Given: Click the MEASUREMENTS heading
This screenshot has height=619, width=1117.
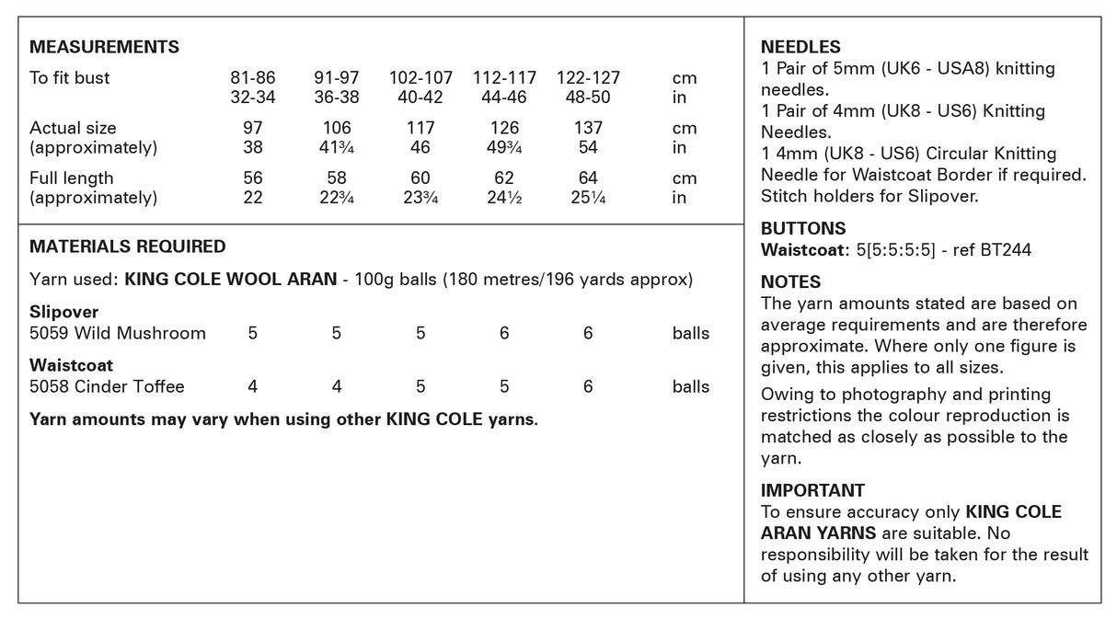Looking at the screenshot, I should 104,48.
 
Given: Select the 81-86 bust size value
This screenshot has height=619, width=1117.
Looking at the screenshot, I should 252,78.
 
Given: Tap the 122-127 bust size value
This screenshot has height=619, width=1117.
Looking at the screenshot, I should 588,78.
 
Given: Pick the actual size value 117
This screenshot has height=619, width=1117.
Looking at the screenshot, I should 420,128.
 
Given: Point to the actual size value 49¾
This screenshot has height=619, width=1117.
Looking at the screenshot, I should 504,148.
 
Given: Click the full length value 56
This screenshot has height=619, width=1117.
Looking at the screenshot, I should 252,178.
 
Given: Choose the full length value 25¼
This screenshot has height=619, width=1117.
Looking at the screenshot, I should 588,198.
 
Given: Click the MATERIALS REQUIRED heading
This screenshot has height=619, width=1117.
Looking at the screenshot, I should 127,246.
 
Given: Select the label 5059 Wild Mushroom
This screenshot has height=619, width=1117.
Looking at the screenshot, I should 118,333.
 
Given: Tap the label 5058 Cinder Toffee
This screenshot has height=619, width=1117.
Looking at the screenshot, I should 107,386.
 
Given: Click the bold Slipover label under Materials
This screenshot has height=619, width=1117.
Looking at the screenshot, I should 63,313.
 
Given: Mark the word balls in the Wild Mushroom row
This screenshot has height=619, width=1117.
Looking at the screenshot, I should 691,333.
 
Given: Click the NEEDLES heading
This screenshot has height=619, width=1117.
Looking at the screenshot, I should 800,48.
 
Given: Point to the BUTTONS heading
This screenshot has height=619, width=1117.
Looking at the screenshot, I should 803,229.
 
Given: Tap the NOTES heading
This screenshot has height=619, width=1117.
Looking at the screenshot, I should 790,282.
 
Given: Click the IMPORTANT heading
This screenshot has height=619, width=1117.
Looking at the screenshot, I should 812,491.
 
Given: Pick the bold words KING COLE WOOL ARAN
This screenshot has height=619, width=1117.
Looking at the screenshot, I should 230,279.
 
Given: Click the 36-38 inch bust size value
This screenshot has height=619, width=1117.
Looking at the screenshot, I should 336,97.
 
